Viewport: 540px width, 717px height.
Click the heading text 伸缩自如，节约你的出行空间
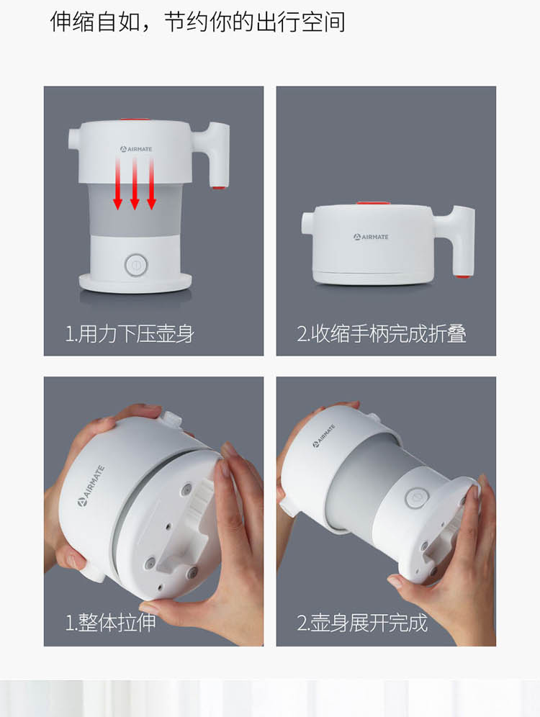pos(197,22)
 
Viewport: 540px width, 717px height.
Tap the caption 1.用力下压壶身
pos(130,334)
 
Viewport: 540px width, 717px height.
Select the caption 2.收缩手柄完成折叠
pos(382,334)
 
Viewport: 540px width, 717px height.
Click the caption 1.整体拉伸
pos(110,623)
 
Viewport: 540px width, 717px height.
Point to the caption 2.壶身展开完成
pos(362,623)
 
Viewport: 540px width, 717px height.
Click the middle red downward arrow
pos(135,184)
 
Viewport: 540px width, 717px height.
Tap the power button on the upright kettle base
pos(136,265)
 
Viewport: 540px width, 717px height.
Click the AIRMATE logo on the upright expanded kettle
pos(136,149)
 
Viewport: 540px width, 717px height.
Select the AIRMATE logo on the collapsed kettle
pos(371,237)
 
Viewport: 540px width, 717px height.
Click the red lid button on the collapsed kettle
pos(373,204)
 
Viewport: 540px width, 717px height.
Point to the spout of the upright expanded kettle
pos(75,139)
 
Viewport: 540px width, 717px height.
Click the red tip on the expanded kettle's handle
pos(218,186)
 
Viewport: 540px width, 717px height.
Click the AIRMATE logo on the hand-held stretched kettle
pos(324,436)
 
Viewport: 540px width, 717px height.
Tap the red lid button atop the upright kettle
pos(135,120)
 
